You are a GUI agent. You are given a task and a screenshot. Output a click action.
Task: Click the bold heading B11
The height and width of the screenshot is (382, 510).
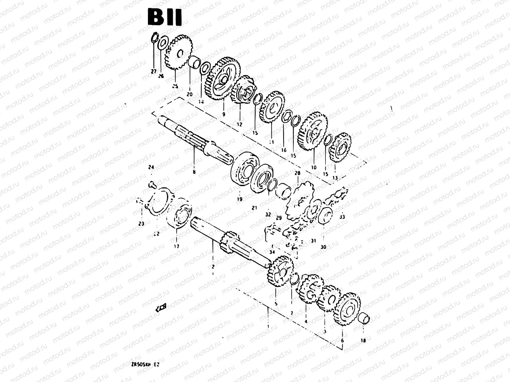tap(164, 18)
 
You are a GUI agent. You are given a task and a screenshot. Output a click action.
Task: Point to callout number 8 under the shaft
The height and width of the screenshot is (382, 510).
tap(194, 172)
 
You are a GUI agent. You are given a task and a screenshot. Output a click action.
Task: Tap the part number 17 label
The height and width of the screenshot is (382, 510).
tap(177, 246)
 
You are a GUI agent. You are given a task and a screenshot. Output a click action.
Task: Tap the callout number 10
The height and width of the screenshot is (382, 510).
tap(314, 167)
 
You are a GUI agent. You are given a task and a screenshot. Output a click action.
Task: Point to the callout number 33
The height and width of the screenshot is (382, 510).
tap(342, 217)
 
